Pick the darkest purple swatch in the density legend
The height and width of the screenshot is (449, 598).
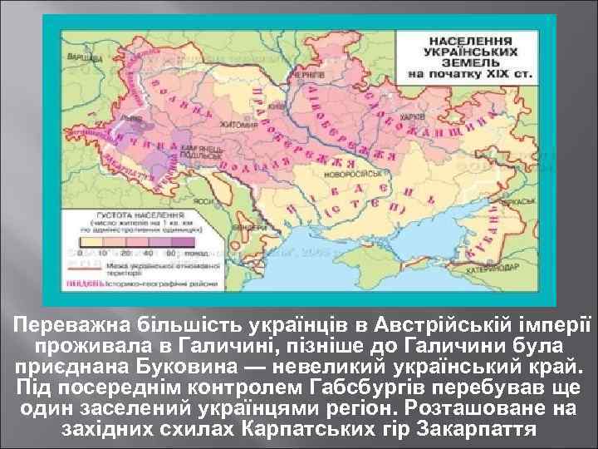(179, 251)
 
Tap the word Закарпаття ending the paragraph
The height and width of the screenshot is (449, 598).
(482, 431)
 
